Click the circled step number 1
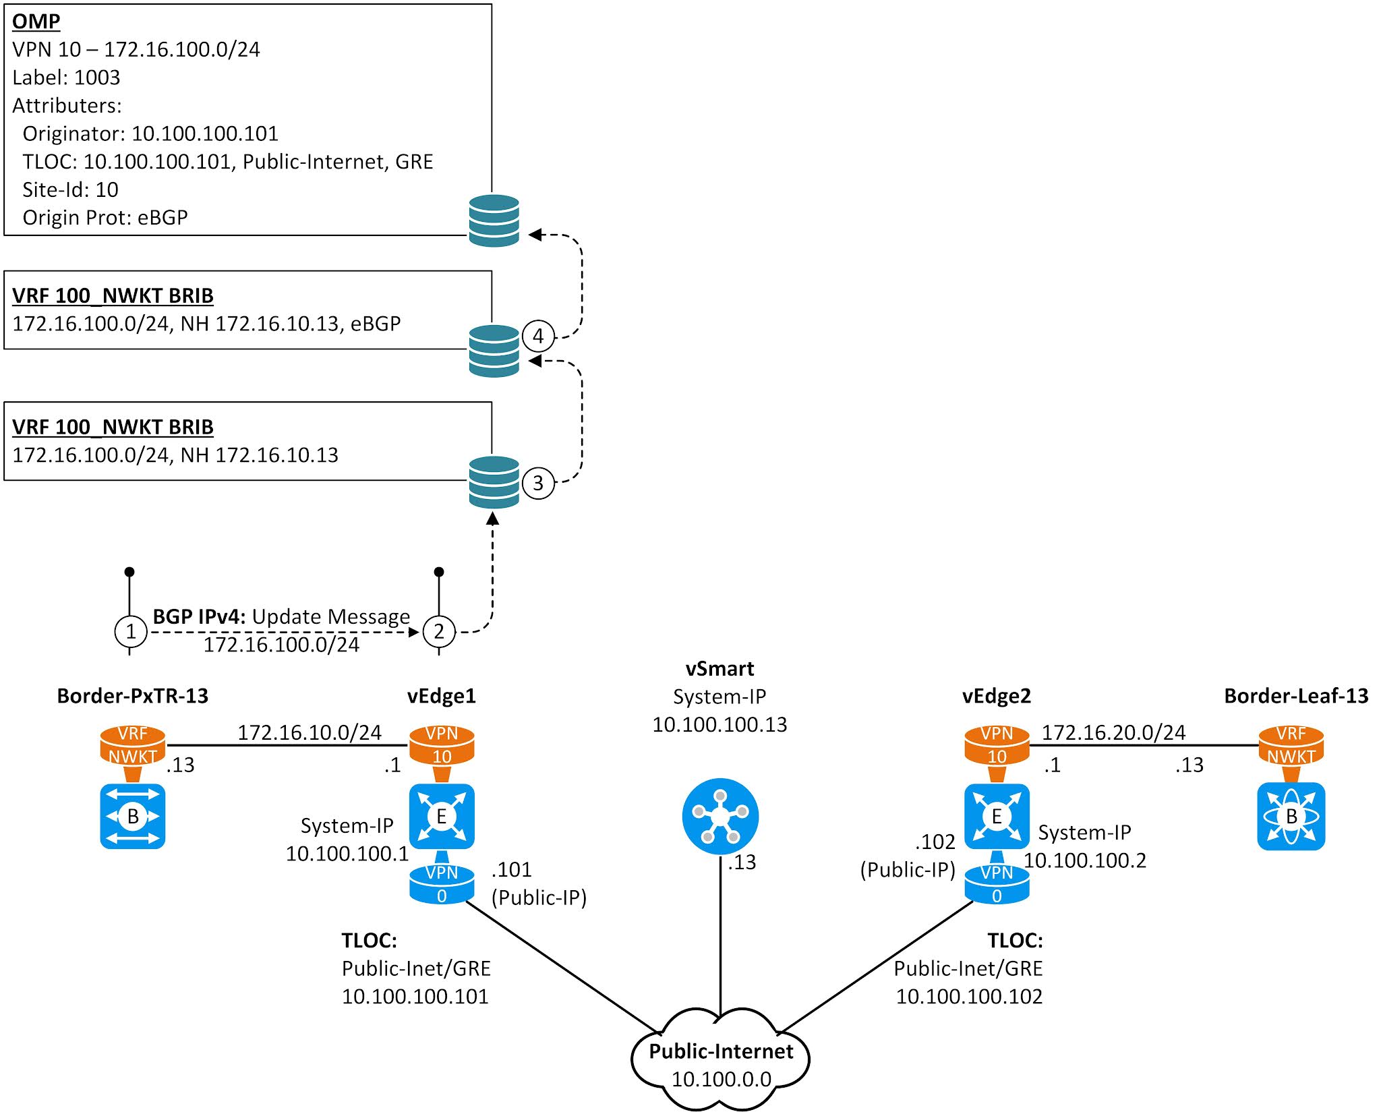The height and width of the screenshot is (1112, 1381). point(131,632)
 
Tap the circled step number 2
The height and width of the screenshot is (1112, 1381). point(439,632)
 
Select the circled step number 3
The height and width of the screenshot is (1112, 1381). point(538,483)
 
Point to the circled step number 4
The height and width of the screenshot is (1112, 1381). point(538,336)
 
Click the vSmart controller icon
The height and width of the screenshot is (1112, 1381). point(720,816)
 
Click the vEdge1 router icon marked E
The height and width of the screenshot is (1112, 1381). point(442,816)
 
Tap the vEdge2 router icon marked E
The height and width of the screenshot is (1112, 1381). point(997,816)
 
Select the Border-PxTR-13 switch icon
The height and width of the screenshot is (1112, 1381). point(133,816)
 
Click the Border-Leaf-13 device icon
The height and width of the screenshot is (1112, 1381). point(1291,816)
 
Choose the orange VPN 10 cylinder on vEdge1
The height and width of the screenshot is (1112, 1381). point(442,745)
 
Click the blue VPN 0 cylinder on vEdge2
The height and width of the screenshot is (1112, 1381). point(997,884)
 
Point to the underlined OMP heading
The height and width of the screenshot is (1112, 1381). point(36,21)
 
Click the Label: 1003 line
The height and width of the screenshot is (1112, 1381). point(66,78)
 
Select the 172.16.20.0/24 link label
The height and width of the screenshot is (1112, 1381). point(1113,732)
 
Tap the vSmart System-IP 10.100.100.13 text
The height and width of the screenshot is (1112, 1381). point(719,724)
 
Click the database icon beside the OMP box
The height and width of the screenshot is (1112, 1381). point(494,221)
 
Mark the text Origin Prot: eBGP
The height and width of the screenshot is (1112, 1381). point(105,218)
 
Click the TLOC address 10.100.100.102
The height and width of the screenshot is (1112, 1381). point(968,996)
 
